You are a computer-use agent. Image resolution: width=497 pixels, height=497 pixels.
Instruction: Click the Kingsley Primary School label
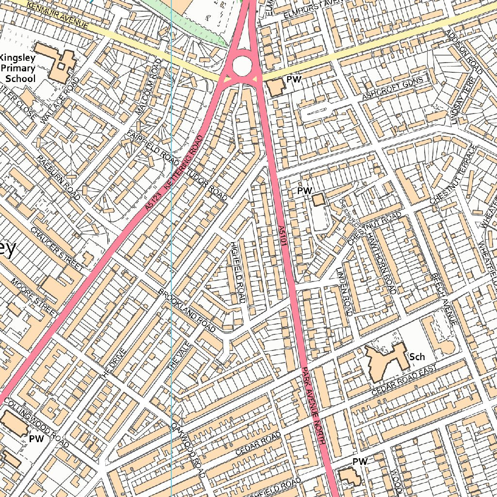coord(20,68)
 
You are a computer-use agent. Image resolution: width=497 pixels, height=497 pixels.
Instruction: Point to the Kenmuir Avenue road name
coord(58,15)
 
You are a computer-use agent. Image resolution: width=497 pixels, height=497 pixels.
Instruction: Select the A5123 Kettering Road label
coord(174,173)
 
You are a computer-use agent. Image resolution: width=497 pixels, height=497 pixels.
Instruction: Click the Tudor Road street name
coord(207,184)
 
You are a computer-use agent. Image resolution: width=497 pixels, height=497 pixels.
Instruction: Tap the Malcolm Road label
coord(149,87)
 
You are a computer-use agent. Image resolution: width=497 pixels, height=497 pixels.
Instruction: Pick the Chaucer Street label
coord(57,248)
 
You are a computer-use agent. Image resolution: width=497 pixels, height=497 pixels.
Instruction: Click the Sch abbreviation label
coord(417,357)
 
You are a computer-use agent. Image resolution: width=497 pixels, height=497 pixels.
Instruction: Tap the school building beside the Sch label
coord(386,361)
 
